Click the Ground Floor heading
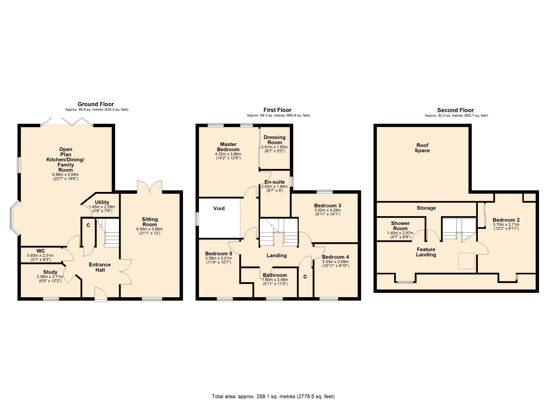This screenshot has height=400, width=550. point(96,104)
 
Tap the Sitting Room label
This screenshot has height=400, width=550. point(150,222)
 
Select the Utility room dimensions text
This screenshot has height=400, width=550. point(102,209)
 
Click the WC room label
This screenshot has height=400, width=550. point(41,251)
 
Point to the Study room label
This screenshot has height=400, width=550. point(50,272)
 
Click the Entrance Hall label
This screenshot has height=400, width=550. point(100,267)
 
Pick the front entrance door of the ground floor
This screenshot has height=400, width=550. point(101,295)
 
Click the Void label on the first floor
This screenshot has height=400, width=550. point(219,208)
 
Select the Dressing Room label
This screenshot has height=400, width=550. point(275,140)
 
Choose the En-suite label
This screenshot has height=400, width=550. point(275,182)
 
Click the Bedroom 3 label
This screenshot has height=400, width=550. point(327,205)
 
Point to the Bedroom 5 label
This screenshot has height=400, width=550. point(219,254)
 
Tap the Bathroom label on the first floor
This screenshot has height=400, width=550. point(275,275)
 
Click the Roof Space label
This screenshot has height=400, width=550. point(422,148)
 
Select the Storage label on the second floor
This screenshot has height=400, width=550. point(426,208)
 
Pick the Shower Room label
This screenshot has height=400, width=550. point(400,226)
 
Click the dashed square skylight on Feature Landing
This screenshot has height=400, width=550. point(466,261)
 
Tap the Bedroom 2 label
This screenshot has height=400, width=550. point(506,220)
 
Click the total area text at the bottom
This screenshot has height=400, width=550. point(273,397)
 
